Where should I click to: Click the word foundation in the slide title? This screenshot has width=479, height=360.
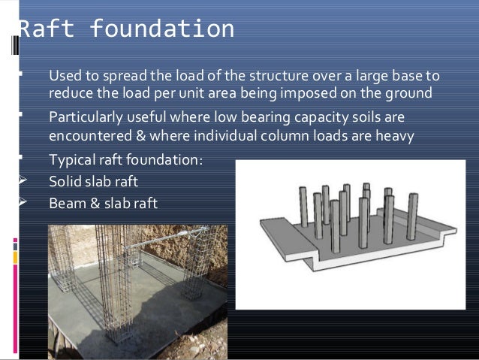click(161, 29)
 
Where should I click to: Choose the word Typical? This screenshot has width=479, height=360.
click(73, 161)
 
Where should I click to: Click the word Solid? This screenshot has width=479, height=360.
click(65, 182)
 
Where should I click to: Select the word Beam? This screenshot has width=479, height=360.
click(66, 203)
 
